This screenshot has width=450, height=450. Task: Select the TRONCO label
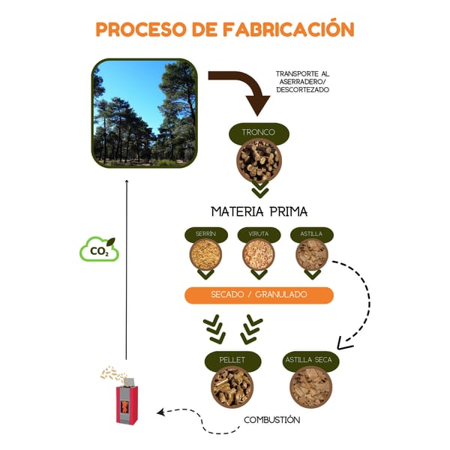[259, 133]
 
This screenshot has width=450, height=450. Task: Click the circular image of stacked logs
[259, 160]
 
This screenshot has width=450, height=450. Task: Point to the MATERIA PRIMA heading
[259, 211]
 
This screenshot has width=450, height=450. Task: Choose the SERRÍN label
[205, 234]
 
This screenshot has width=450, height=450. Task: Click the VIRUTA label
[259, 234]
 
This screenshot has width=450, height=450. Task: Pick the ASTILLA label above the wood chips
[311, 234]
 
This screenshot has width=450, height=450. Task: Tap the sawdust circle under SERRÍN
[205, 255]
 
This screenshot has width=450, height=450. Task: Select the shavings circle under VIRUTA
[259, 255]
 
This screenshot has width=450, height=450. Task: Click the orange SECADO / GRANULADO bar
[259, 295]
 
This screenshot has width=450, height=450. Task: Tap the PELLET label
[233, 361]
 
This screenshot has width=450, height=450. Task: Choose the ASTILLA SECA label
[310, 361]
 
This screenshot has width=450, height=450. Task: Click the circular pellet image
[232, 387]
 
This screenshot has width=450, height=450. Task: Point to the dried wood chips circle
[310, 387]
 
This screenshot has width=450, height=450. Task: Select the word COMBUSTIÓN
[271, 420]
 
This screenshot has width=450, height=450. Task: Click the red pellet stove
[127, 403]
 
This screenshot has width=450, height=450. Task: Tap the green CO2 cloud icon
[99, 250]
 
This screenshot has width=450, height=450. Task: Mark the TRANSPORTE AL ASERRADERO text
[302, 82]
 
